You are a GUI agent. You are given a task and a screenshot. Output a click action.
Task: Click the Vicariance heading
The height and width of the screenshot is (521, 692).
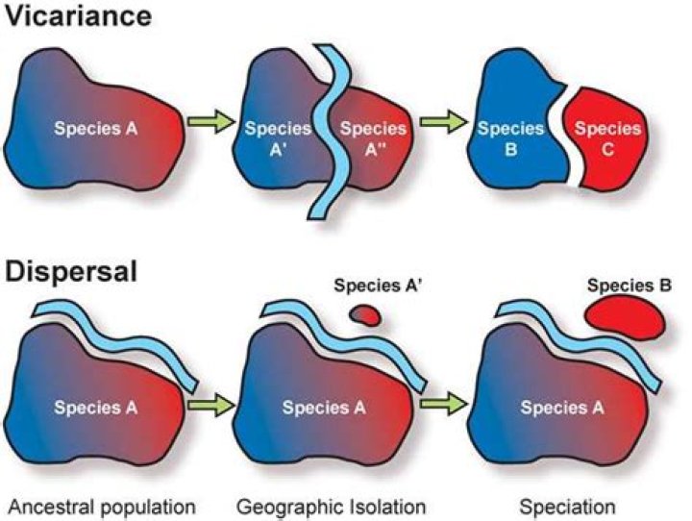point(79,16)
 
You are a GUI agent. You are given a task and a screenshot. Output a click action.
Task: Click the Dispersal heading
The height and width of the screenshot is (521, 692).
point(71,272)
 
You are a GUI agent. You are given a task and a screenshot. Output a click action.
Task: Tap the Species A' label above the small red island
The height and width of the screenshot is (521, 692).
point(379,286)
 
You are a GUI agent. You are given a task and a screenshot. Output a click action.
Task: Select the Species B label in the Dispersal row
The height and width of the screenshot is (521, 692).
point(629,286)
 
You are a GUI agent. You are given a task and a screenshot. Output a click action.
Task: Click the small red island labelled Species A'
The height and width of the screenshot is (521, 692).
point(364,315)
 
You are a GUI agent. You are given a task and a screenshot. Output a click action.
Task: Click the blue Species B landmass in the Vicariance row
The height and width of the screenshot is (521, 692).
point(516,119)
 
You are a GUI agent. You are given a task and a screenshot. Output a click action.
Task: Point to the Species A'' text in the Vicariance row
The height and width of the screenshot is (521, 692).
point(373,139)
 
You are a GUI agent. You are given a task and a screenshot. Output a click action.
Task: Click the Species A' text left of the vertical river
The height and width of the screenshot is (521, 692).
point(278,139)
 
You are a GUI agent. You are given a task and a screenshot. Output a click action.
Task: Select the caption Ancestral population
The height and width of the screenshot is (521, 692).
point(102,507)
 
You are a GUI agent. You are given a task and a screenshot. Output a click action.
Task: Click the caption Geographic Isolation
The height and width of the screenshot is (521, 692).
point(331,507)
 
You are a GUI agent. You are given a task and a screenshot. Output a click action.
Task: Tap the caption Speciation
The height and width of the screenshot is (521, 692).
point(567,507)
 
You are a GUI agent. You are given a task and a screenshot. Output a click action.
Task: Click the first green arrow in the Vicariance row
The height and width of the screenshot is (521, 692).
point(210,121)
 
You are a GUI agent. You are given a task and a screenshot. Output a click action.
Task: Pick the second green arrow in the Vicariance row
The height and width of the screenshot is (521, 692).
point(443,121)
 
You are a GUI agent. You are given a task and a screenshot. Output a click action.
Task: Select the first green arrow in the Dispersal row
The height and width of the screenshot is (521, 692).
point(210,404)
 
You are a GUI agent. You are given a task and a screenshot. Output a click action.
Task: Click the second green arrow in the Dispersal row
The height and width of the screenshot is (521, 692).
point(443,404)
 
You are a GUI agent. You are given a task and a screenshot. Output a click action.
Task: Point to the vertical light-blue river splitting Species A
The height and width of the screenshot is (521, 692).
point(330,133)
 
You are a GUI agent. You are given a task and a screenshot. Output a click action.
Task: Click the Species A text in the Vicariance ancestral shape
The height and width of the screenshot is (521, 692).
point(96,129)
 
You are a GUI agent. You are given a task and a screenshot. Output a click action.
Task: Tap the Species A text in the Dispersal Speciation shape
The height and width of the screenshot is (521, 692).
point(562,408)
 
